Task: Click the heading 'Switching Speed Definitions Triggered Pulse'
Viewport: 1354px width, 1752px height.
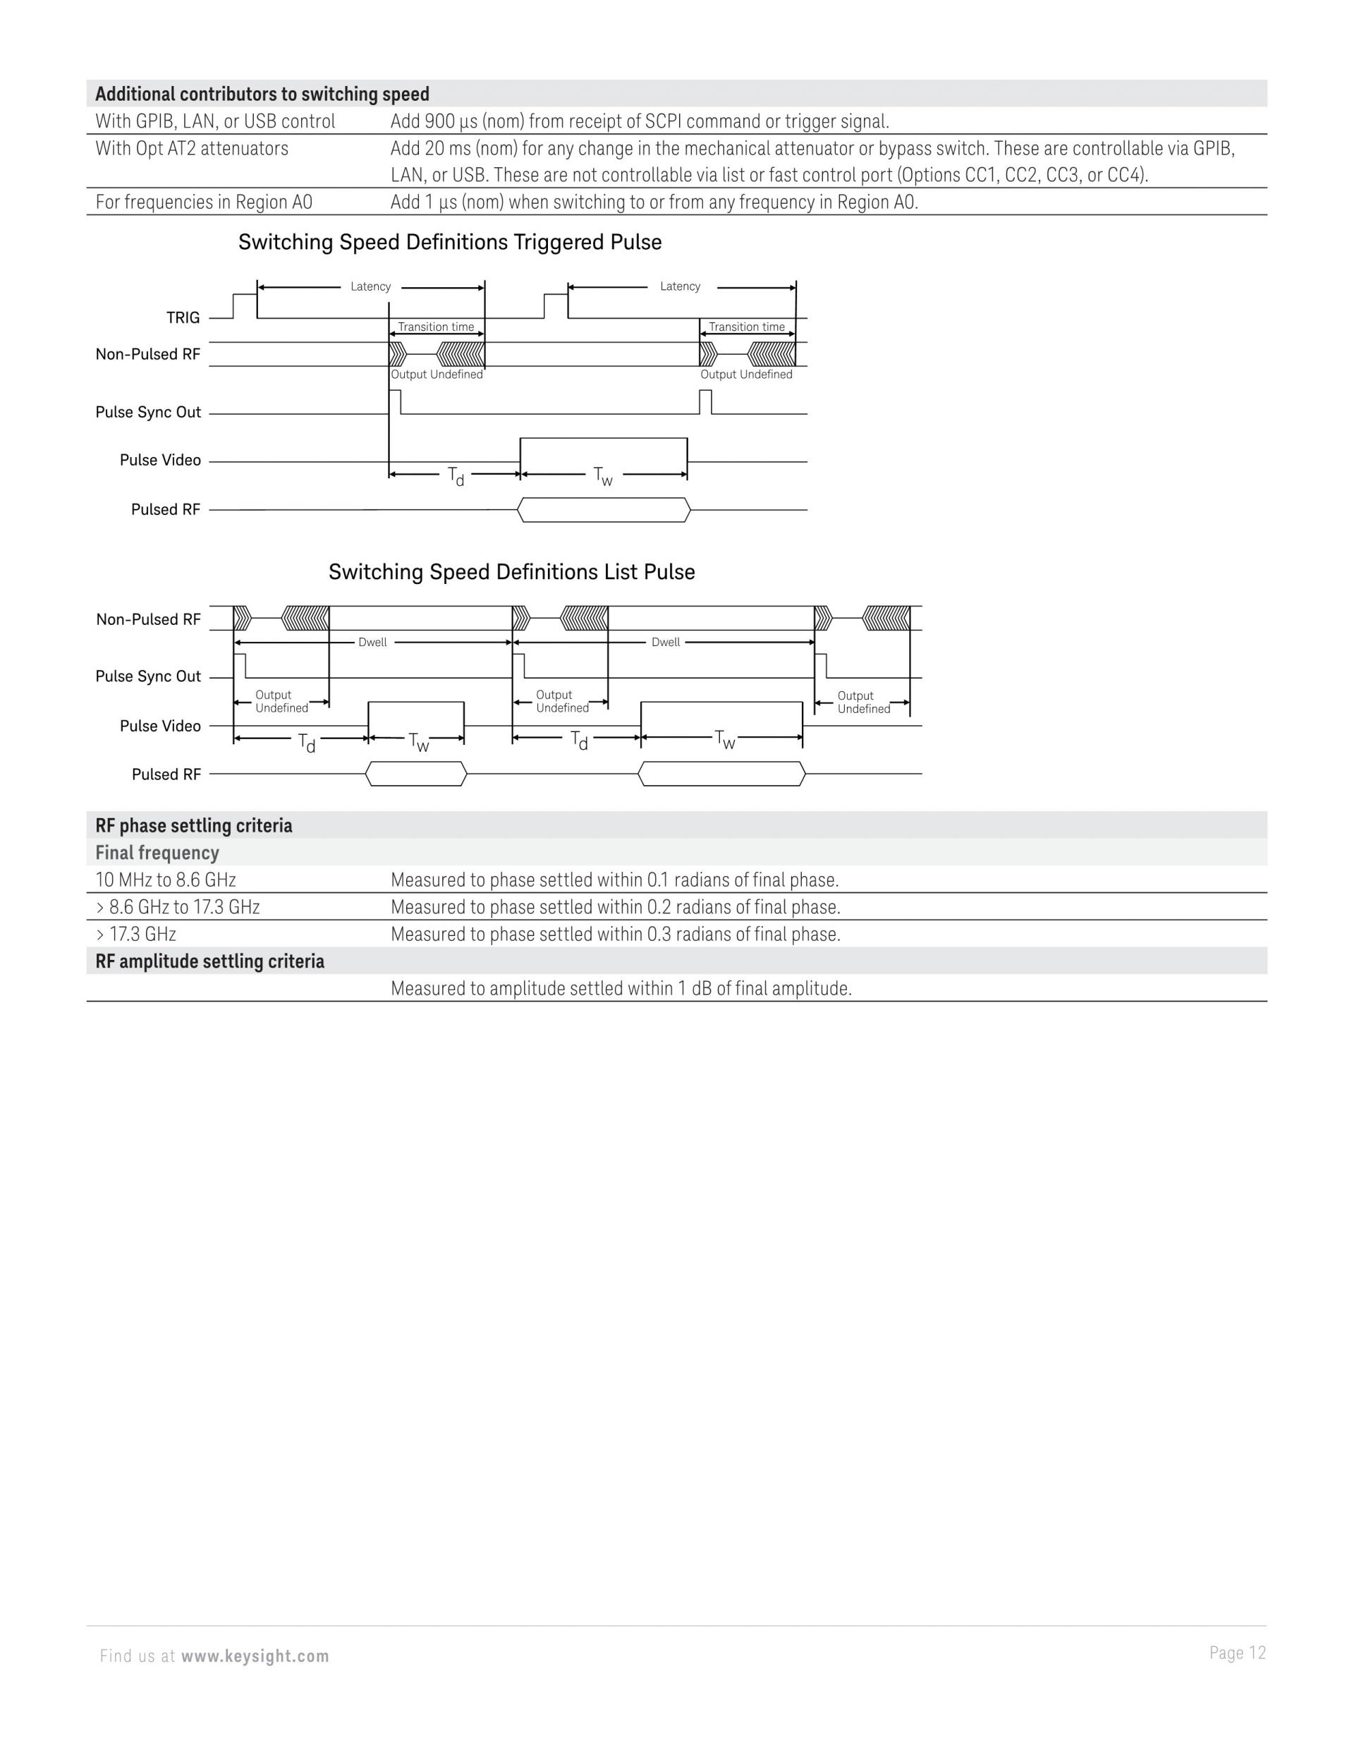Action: [449, 242]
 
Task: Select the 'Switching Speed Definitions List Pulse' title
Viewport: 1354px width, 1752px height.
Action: [511, 572]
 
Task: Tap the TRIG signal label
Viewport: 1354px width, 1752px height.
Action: [183, 317]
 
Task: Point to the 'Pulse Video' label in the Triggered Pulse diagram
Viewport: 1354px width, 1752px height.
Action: [159, 460]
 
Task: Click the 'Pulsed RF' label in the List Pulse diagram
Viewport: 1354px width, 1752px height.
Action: [166, 774]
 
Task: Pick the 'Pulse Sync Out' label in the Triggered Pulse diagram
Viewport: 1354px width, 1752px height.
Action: [147, 413]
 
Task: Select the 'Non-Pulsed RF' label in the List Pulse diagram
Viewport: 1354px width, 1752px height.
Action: [147, 619]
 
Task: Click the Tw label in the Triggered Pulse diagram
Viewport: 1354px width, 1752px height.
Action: [603, 477]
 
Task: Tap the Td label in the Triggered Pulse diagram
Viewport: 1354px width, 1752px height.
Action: [456, 477]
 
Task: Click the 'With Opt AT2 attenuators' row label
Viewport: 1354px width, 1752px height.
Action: [192, 148]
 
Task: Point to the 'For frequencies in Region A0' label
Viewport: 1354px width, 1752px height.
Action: [204, 202]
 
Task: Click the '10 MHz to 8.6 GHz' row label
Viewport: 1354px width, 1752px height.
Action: [165, 880]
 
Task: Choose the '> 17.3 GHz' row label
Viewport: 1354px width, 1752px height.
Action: [135, 934]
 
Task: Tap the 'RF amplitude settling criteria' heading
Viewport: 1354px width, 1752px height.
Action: [209, 961]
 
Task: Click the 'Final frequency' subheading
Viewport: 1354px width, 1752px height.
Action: [157, 853]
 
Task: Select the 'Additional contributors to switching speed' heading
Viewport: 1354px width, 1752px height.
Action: [262, 94]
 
